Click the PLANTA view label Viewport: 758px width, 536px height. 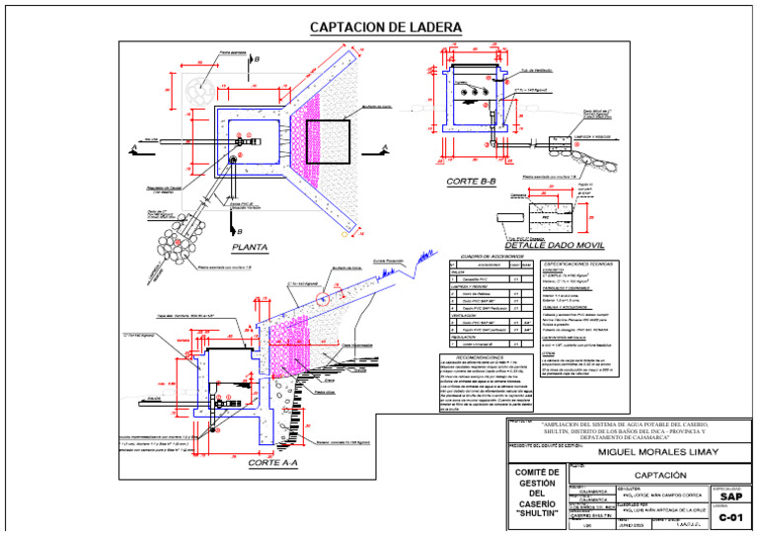[x=250, y=248]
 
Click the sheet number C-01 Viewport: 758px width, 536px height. [x=731, y=516]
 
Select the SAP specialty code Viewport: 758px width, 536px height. [x=731, y=497]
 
